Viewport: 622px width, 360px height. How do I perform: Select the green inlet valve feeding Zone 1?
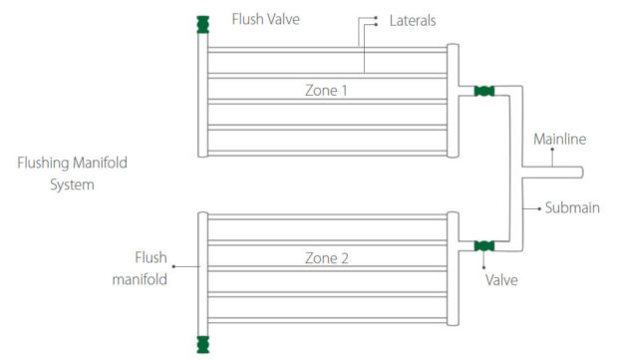(484, 91)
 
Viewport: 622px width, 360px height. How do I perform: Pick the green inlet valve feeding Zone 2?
(484, 245)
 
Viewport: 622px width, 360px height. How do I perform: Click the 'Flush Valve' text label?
(264, 19)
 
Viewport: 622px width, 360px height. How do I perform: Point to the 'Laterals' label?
(413, 20)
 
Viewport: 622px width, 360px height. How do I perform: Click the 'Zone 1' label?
(327, 90)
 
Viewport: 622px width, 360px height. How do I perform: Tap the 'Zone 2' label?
(327, 258)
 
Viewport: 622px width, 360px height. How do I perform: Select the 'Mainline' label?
(559, 138)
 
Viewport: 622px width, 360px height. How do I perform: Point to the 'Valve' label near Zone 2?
(501, 280)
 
